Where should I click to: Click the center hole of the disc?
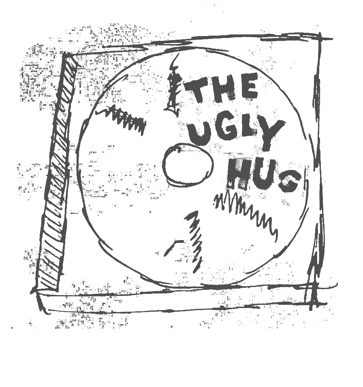(188, 164)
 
